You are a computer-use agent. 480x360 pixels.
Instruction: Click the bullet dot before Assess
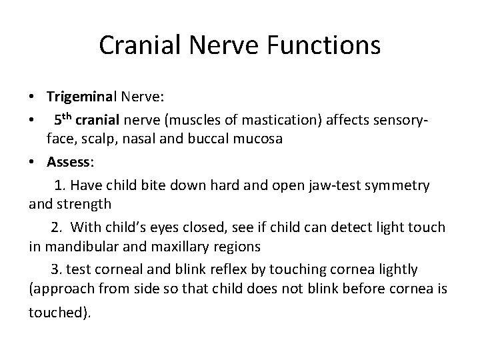point(32,162)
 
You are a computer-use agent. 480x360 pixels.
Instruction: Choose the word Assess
point(70,162)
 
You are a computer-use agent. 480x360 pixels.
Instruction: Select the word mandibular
point(86,247)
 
